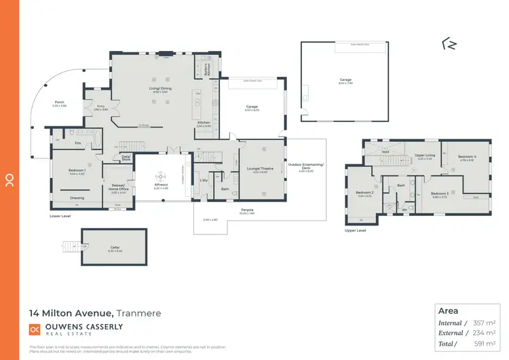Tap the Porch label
[59, 103]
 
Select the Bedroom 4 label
[466, 157]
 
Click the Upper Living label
[426, 156]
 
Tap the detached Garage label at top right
[345, 79]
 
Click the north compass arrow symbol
[449, 45]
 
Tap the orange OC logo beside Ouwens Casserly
[35, 329]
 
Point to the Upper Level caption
[355, 230]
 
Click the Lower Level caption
[60, 216]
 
